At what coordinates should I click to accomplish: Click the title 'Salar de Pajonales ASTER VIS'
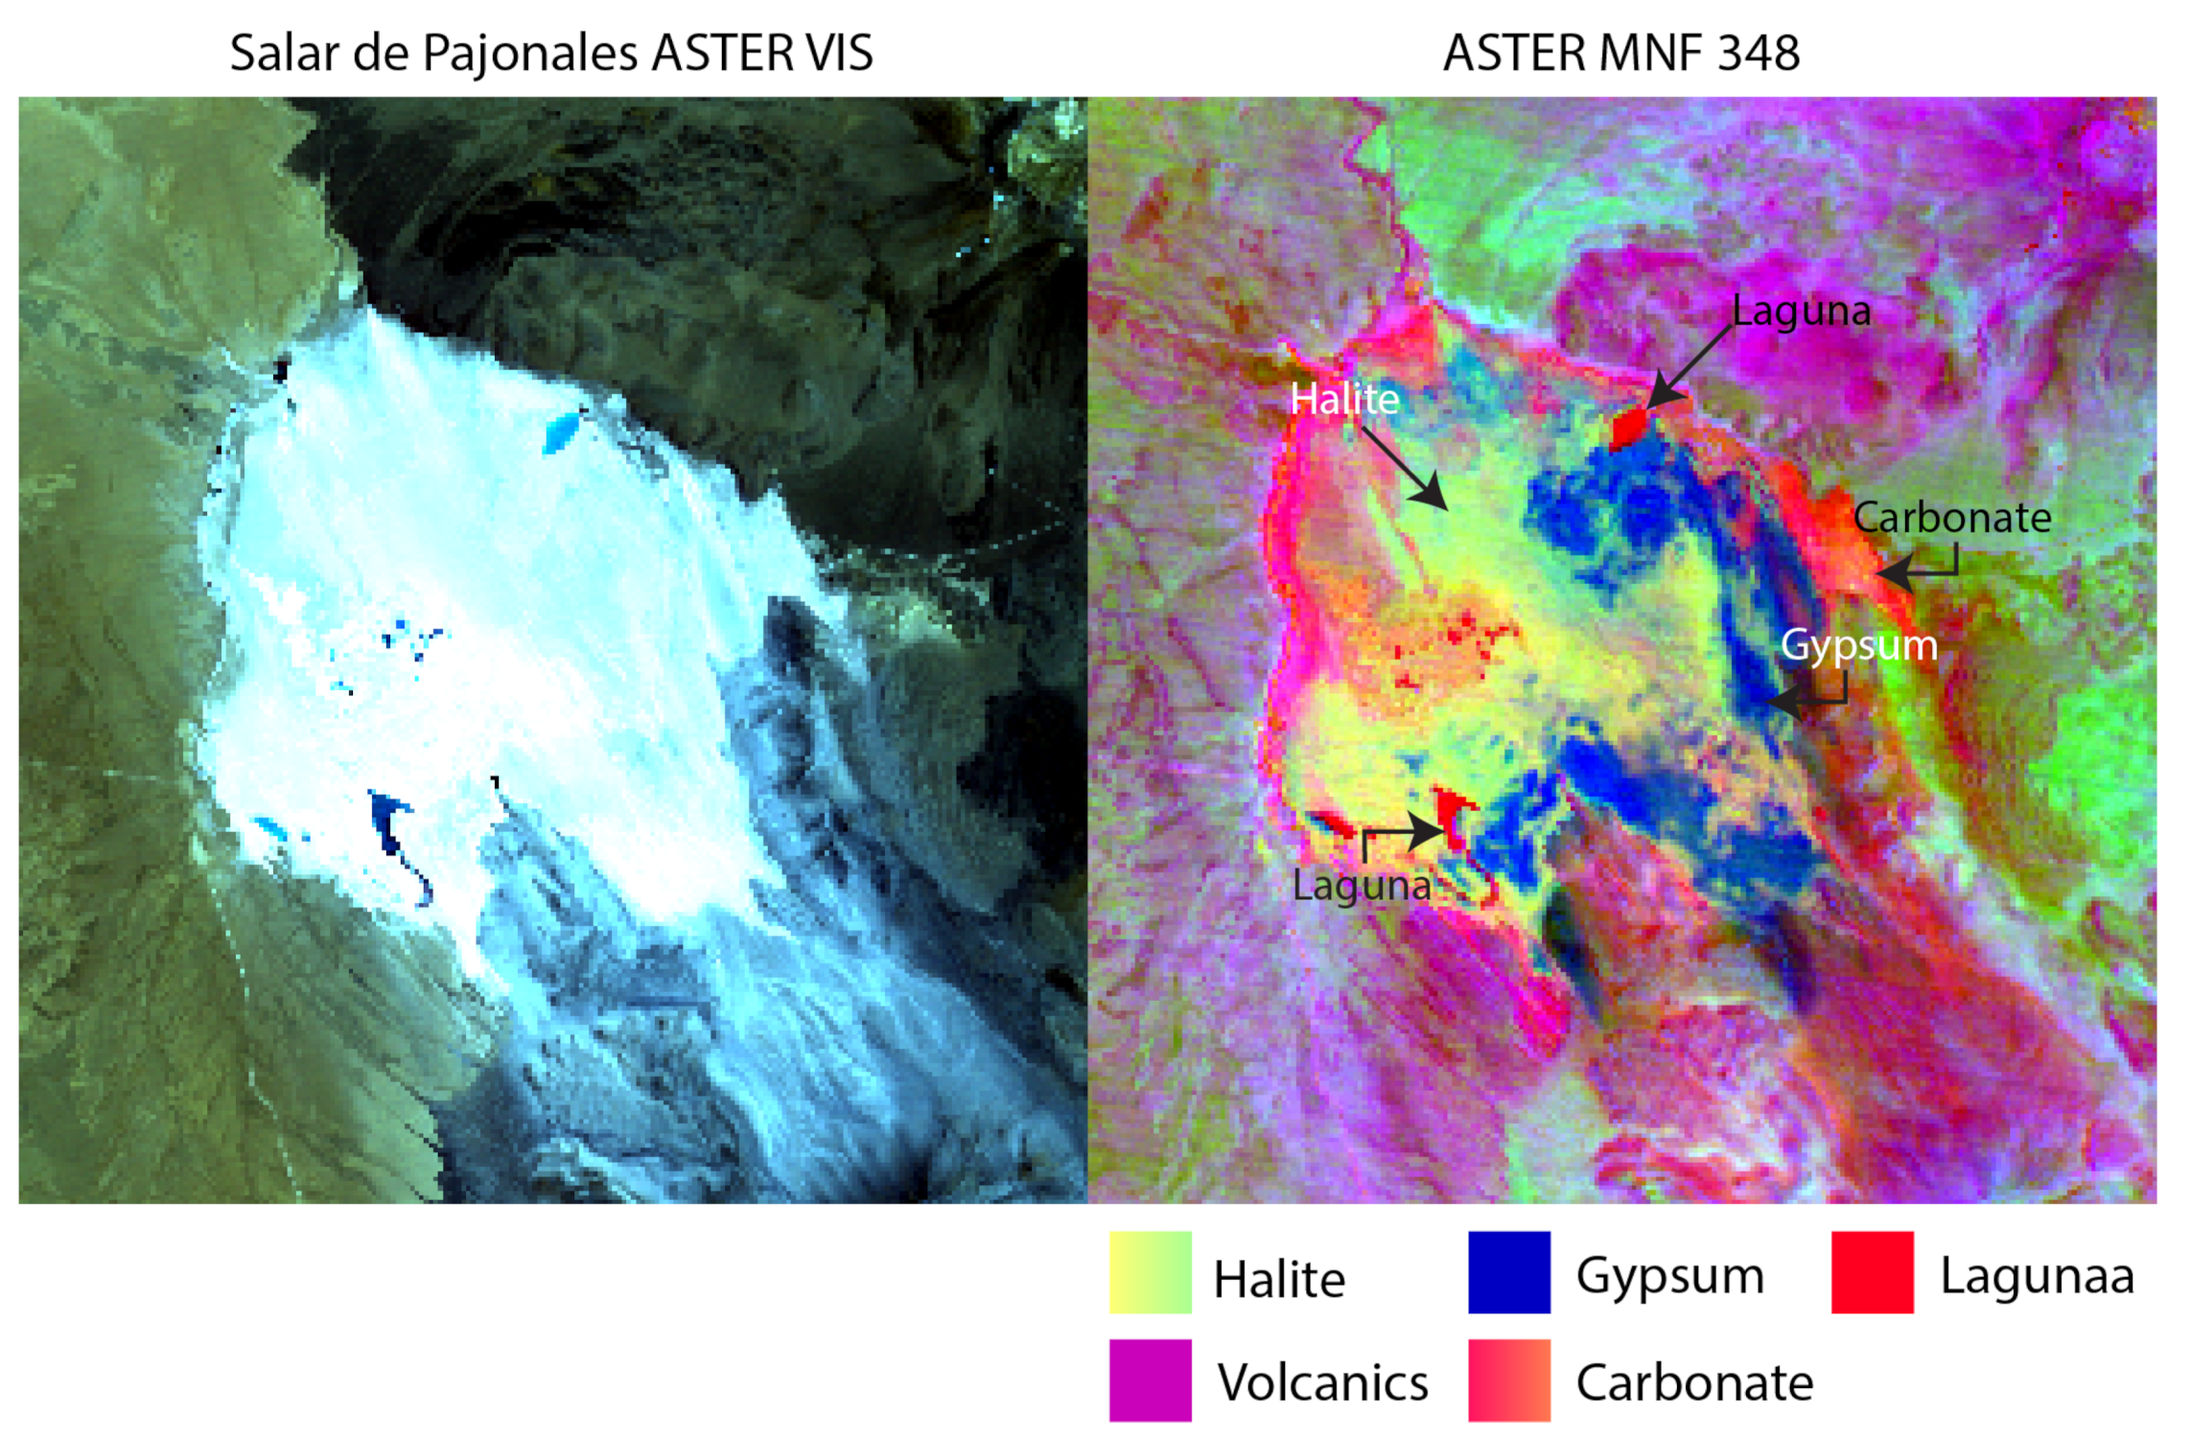(x=551, y=53)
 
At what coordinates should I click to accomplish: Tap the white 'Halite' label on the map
(x=1343, y=399)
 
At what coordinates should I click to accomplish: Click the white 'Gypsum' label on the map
(x=1858, y=645)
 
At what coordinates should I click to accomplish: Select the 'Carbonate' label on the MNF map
(x=1951, y=518)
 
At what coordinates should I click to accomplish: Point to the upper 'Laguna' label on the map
(x=1801, y=312)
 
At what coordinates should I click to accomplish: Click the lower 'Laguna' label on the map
(x=1361, y=885)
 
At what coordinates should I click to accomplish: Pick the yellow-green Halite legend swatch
(x=1150, y=1272)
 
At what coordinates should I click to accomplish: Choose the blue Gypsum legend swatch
(x=1508, y=1272)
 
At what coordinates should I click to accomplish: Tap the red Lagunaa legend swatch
(x=1872, y=1272)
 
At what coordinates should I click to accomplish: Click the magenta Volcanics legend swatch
(x=1150, y=1380)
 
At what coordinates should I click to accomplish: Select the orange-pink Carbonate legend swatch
(x=1508, y=1380)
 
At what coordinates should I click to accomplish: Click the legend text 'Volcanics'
(x=1322, y=1382)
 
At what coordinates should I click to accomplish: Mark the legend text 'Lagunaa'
(x=2037, y=1276)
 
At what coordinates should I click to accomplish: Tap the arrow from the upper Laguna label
(x=1688, y=368)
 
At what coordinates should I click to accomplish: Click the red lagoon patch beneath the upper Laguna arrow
(x=1628, y=427)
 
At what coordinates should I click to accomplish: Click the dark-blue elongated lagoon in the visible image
(x=391, y=826)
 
